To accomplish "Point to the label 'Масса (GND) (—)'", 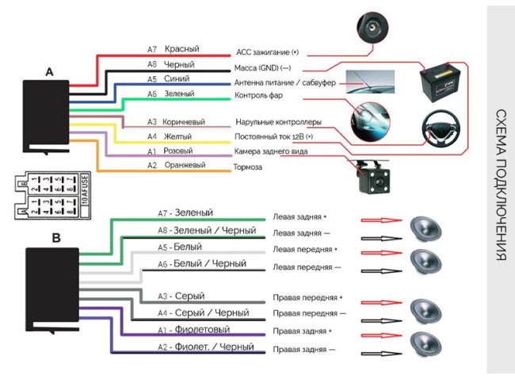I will click(263, 68).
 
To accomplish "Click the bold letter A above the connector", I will click(49, 71).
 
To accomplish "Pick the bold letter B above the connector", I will click(55, 236).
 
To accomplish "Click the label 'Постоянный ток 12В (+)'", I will click(274, 136).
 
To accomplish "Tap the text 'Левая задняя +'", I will click(299, 216).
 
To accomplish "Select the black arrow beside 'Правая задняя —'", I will click(380, 350).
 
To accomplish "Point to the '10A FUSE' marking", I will click(86, 191).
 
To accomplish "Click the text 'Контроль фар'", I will click(259, 96).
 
